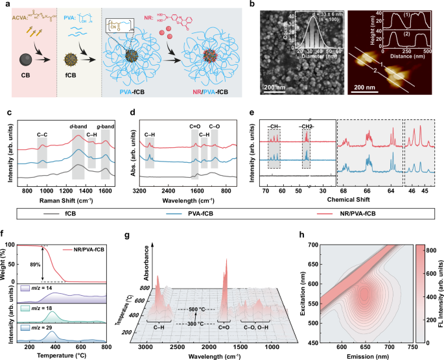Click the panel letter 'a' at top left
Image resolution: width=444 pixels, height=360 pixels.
pos(8,6)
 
